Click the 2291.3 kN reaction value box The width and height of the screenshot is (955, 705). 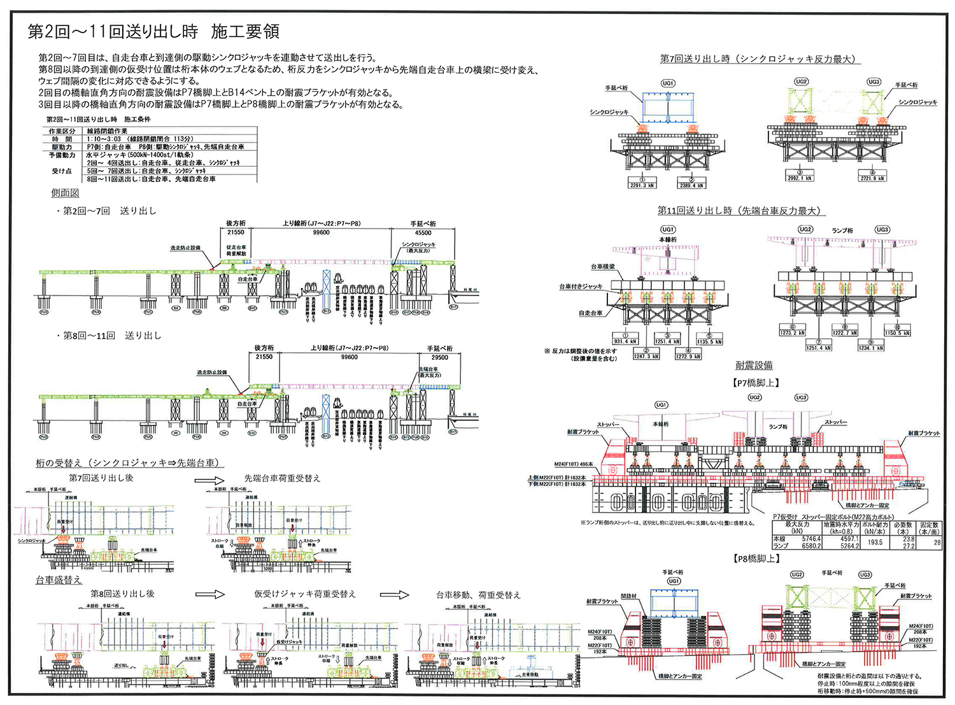[642, 185]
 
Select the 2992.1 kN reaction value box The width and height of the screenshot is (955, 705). [800, 178]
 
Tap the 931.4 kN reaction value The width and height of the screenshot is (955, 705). [625, 341]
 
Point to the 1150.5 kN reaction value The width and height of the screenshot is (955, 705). [898, 333]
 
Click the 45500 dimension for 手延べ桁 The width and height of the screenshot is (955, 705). [423, 233]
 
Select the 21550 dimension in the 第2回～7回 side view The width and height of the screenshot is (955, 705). [236, 232]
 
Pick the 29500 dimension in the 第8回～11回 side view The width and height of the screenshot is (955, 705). [439, 357]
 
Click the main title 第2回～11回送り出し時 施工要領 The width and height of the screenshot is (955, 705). [153, 32]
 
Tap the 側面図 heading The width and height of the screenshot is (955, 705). [65, 193]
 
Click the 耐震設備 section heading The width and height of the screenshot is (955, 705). [754, 366]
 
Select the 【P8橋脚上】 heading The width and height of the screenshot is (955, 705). [756, 559]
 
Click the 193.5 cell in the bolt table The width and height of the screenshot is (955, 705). [875, 542]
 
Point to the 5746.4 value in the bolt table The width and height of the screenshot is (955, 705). [810, 539]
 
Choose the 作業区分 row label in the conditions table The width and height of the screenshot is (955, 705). [62, 131]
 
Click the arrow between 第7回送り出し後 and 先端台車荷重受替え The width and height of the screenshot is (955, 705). [209, 480]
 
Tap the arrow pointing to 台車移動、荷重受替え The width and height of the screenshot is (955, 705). [394, 595]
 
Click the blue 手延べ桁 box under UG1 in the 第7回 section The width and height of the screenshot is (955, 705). [667, 107]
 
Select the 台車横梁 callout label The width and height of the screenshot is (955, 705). [603, 267]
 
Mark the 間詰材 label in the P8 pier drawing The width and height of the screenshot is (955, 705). [628, 597]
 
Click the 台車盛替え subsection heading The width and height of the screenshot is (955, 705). [59, 580]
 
